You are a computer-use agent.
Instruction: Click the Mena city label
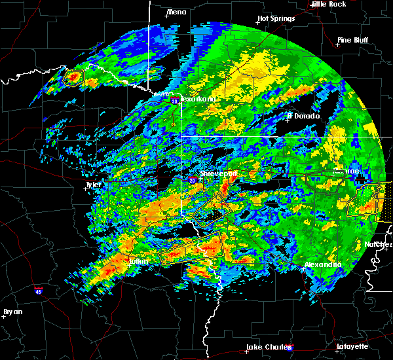pos(177,12)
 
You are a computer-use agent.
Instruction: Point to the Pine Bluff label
pos(352,39)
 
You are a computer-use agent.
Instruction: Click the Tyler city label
pos(93,185)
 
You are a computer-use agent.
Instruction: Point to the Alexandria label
pos(324,264)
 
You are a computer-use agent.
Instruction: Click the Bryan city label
pos(13,312)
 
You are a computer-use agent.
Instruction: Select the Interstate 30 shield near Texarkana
pos(174,101)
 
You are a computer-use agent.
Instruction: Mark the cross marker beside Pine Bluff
pos(339,46)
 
